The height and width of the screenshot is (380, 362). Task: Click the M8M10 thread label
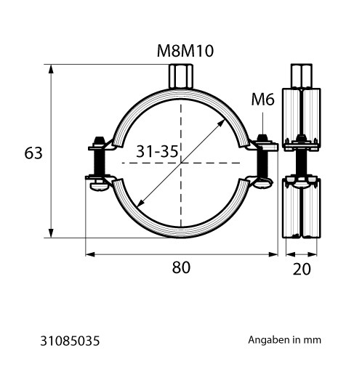(185, 51)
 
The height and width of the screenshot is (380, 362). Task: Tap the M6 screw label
(263, 100)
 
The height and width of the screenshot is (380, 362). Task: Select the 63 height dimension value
(33, 153)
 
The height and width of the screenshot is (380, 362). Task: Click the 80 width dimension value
(181, 267)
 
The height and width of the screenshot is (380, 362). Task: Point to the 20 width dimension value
(302, 269)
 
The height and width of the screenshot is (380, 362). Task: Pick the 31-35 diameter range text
(157, 151)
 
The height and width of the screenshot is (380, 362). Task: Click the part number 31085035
(70, 341)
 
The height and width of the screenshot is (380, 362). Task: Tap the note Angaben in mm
(285, 340)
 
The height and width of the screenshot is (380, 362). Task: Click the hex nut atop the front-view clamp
(181, 76)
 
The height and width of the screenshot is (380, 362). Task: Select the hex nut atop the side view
(302, 76)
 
